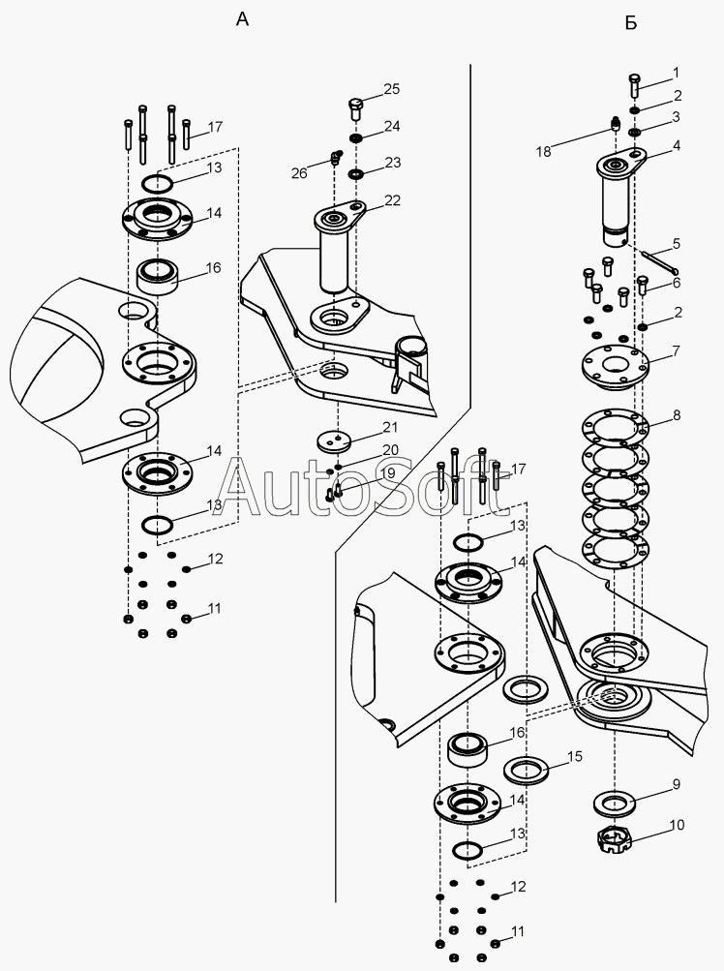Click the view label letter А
[x=242, y=20]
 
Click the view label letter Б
[x=630, y=22]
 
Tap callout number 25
[x=391, y=90]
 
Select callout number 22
[x=391, y=199]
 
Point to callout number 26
[x=299, y=173]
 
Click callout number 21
[x=389, y=427]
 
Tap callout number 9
[x=676, y=784]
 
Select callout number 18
[x=543, y=151]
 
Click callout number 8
[x=676, y=416]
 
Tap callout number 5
[x=676, y=243]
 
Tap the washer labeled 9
[x=616, y=803]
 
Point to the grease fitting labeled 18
[x=615, y=124]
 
